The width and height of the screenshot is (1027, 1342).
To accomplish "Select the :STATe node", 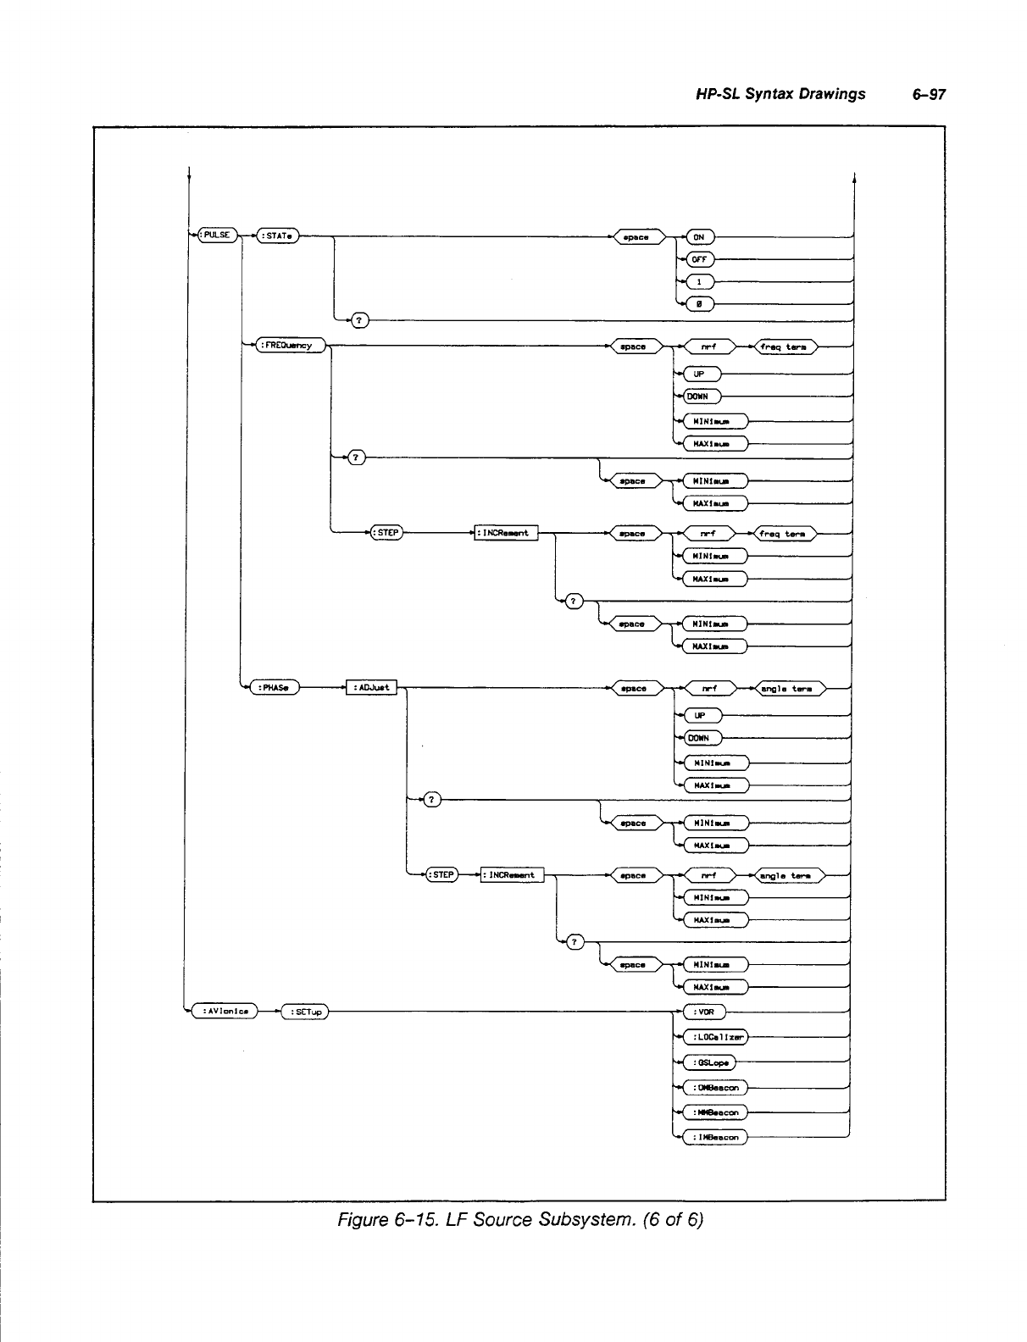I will pyautogui.click(x=278, y=236).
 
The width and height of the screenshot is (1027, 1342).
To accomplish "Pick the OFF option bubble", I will pyautogui.click(x=700, y=259).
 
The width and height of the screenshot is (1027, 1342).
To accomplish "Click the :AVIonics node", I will pyautogui.click(x=224, y=1010).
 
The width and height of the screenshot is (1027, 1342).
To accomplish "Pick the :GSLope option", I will pyautogui.click(x=709, y=1062).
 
